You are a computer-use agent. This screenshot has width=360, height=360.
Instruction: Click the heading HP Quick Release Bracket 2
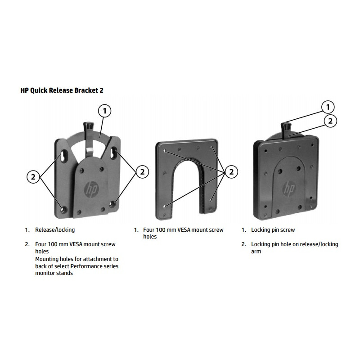tap(62, 90)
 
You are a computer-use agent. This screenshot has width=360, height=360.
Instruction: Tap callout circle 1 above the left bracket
tap(104, 111)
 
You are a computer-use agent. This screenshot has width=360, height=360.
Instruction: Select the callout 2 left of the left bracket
tap(33, 177)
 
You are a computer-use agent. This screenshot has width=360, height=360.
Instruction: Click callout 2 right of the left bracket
tap(142, 171)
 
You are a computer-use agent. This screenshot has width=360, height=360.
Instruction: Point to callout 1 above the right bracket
tap(328, 107)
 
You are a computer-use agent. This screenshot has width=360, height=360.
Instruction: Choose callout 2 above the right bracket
tap(331, 121)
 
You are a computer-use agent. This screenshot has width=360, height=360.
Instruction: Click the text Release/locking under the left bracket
tap(55, 230)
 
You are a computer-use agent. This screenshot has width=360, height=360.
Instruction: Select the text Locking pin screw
tap(273, 230)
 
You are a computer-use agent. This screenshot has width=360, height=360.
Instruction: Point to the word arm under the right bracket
tap(256, 252)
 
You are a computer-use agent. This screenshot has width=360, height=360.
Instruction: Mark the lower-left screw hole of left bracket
tap(62, 209)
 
